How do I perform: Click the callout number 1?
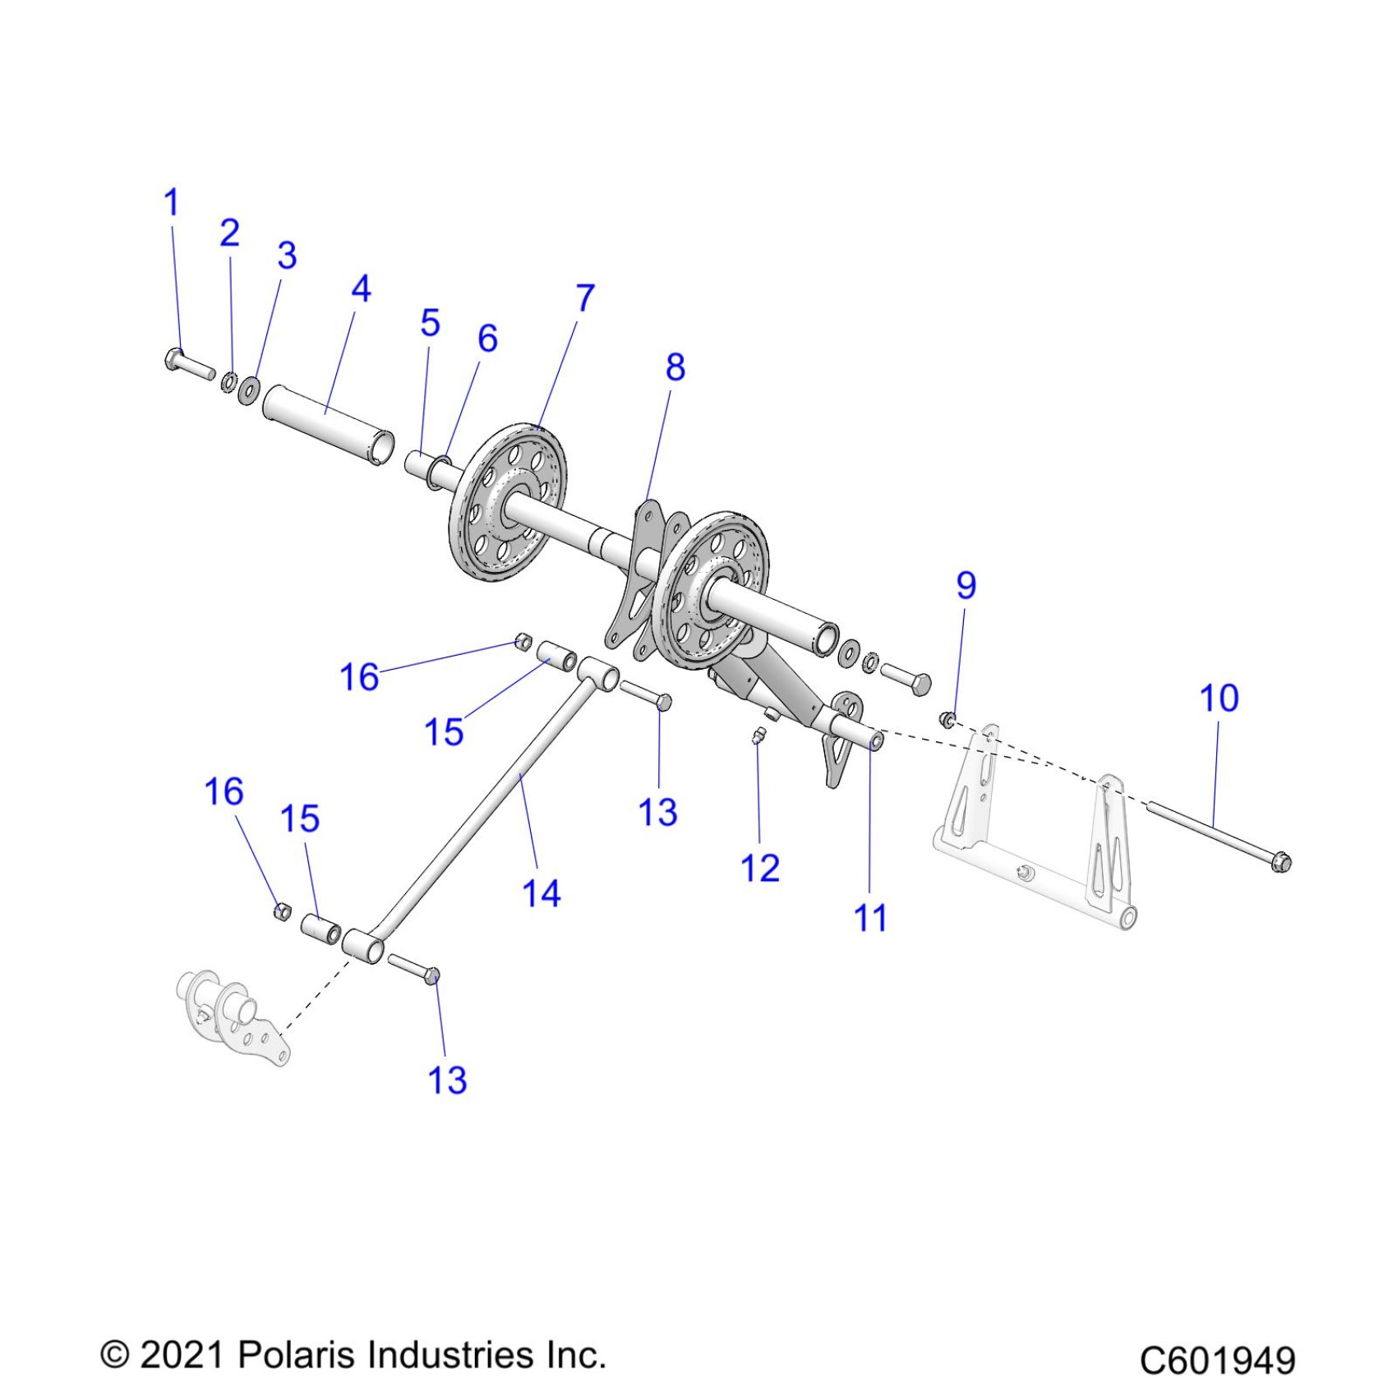pyautogui.click(x=171, y=203)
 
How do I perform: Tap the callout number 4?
pyautogui.click(x=361, y=289)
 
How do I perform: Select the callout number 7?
pyautogui.click(x=584, y=298)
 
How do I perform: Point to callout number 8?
pyautogui.click(x=675, y=367)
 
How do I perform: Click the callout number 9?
pyautogui.click(x=966, y=586)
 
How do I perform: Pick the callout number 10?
pyautogui.click(x=1219, y=698)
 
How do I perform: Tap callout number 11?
pyautogui.click(x=870, y=918)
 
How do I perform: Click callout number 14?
pyautogui.click(x=541, y=894)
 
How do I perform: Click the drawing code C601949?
pyautogui.click(x=1217, y=1360)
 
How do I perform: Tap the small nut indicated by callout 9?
pyautogui.click(x=947, y=720)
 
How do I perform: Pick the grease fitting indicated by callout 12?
pyautogui.click(x=758, y=734)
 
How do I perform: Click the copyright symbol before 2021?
pyautogui.click(x=114, y=1355)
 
